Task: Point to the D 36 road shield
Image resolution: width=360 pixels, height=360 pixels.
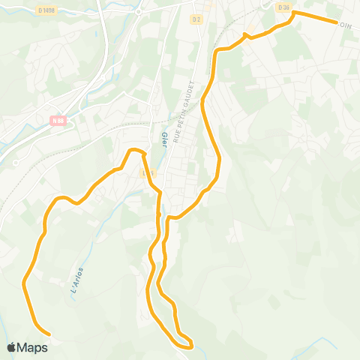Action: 283,7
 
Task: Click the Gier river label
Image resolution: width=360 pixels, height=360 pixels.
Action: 163,139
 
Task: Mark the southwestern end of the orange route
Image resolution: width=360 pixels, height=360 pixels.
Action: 49,334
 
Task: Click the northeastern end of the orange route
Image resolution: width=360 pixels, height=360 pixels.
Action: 337,22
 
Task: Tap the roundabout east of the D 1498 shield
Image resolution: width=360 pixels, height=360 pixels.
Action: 139,11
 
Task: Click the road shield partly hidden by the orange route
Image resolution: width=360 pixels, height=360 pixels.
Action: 148,172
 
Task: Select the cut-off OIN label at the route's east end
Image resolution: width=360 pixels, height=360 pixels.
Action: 345,25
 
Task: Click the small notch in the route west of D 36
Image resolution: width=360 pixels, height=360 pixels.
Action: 245,34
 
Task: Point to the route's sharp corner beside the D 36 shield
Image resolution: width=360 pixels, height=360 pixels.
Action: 293,13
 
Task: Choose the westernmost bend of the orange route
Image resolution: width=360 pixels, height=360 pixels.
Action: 25,283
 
